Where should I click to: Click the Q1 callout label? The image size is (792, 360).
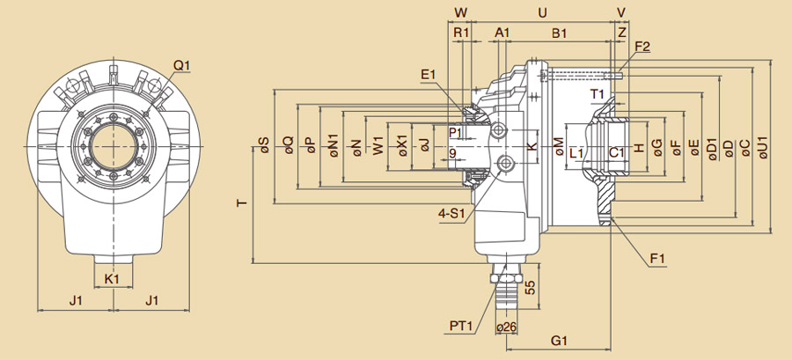tap(182, 65)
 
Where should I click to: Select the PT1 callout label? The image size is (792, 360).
tap(461, 326)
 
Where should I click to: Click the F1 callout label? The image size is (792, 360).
tap(656, 258)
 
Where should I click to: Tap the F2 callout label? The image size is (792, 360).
tap(642, 46)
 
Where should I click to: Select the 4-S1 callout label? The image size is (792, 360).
tap(452, 212)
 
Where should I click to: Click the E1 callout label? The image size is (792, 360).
tap(429, 75)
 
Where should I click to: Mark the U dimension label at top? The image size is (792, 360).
tap(542, 12)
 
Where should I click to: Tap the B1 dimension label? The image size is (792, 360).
tap(559, 33)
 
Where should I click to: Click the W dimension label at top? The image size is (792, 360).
tap(459, 12)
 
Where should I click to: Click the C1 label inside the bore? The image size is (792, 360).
tap(617, 152)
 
